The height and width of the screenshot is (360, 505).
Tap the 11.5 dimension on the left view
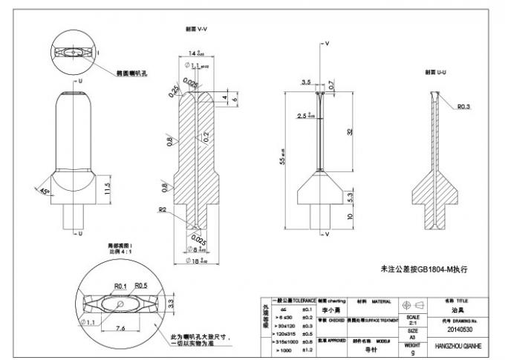[108, 186]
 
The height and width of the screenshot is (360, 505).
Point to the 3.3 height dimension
[172, 302]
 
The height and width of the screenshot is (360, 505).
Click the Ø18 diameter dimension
[196, 261]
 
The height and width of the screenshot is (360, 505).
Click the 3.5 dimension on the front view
[305, 82]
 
